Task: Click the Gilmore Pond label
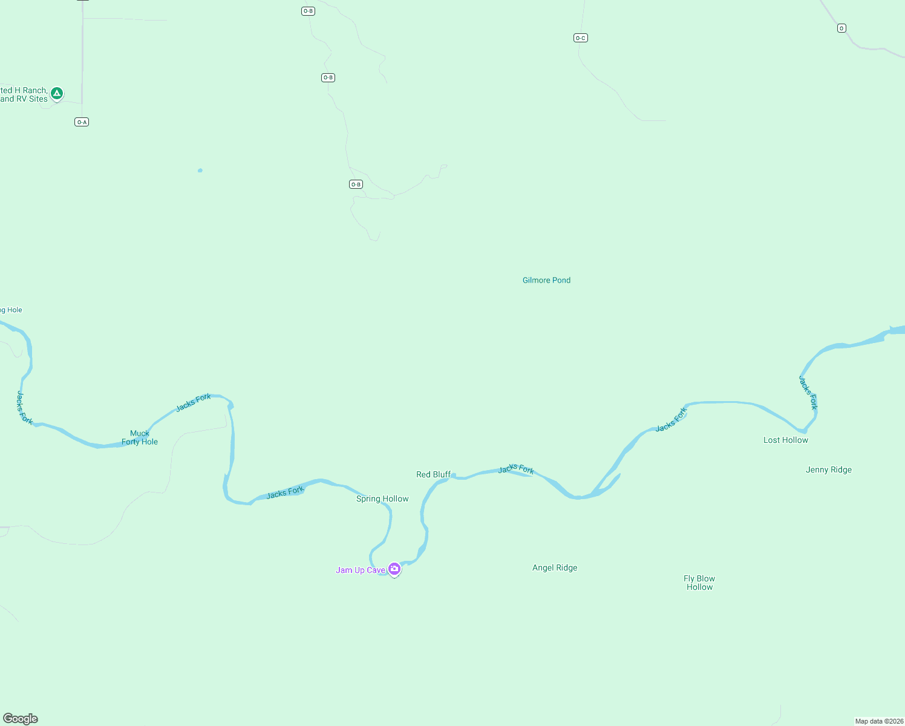tap(546, 280)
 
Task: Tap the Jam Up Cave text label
tap(361, 570)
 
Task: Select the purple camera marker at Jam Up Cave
tap(394, 569)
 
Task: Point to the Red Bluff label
tap(433, 474)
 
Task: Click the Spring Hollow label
tap(382, 499)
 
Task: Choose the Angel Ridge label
tap(555, 567)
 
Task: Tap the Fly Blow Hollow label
tap(699, 583)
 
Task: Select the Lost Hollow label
tap(785, 440)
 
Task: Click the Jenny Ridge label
tap(828, 469)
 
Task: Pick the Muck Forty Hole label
tap(140, 437)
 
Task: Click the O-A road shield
tap(82, 122)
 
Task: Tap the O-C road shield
tap(581, 38)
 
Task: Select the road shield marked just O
tap(841, 28)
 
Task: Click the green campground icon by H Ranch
tap(57, 93)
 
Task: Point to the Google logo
tap(21, 719)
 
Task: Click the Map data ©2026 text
tap(879, 721)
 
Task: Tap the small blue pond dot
tap(200, 171)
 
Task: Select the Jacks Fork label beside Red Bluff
tap(516, 469)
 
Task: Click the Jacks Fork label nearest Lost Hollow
tap(808, 393)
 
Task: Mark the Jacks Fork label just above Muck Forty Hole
tap(194, 403)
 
